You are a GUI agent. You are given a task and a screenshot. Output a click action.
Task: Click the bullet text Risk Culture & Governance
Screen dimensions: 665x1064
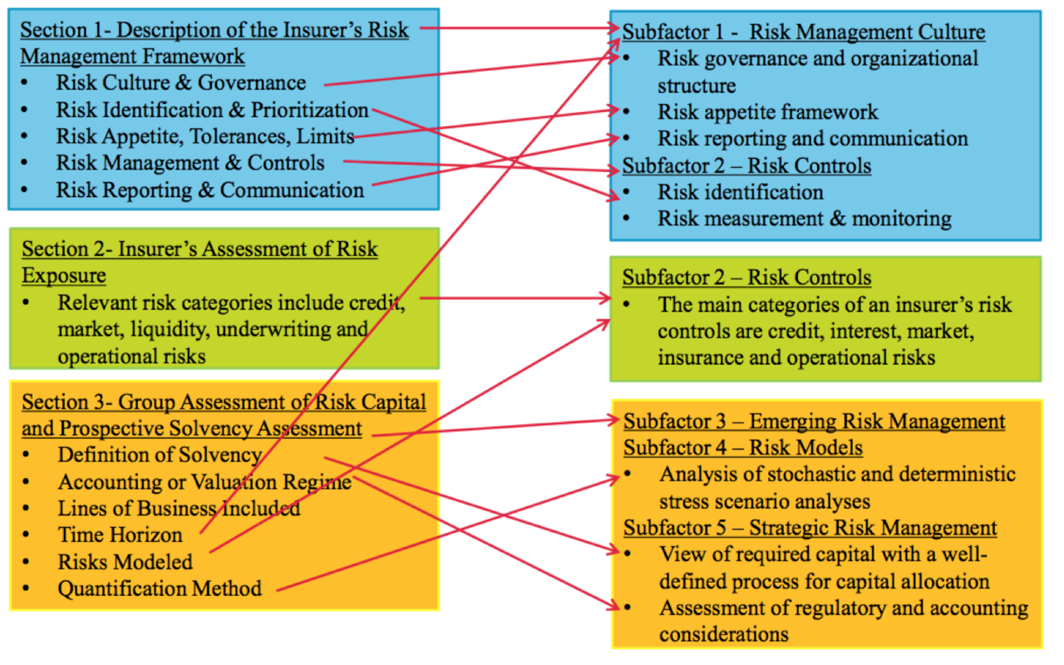(x=180, y=83)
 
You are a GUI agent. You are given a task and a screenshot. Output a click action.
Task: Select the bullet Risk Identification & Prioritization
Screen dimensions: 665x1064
(x=212, y=110)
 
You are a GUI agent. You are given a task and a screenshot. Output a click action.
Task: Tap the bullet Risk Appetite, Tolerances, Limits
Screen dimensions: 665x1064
(x=205, y=136)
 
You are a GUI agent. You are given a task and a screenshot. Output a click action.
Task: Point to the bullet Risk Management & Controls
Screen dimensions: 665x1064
(x=190, y=163)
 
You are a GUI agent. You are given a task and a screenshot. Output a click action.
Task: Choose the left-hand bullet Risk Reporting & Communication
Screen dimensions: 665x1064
(x=209, y=190)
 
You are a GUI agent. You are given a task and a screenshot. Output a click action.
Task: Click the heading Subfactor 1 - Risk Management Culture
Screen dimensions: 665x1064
(x=804, y=32)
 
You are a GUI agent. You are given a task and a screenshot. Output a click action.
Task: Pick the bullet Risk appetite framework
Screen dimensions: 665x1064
(x=767, y=111)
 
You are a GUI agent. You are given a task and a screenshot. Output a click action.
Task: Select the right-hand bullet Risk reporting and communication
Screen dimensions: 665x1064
(x=812, y=138)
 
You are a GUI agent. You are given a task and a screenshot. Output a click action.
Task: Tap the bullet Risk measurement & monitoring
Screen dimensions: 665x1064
(x=804, y=218)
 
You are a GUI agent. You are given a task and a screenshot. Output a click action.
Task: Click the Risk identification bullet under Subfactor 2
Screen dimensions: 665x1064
(x=740, y=192)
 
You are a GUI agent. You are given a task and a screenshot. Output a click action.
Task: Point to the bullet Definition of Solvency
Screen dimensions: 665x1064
(x=159, y=456)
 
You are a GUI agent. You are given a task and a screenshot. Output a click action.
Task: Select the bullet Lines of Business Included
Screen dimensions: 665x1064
(x=179, y=508)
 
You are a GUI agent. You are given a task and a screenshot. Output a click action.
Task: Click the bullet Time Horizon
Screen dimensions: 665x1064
(x=120, y=534)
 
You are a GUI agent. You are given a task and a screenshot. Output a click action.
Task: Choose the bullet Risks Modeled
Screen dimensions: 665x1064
(x=125, y=562)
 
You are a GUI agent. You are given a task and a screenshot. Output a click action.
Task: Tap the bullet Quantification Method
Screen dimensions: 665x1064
(x=160, y=589)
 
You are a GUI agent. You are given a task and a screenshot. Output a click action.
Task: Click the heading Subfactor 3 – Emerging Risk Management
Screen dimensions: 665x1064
(x=814, y=421)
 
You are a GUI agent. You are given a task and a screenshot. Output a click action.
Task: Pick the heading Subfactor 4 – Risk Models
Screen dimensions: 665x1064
(x=743, y=448)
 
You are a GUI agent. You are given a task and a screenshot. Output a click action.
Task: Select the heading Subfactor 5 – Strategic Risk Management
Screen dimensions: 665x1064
(x=810, y=528)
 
